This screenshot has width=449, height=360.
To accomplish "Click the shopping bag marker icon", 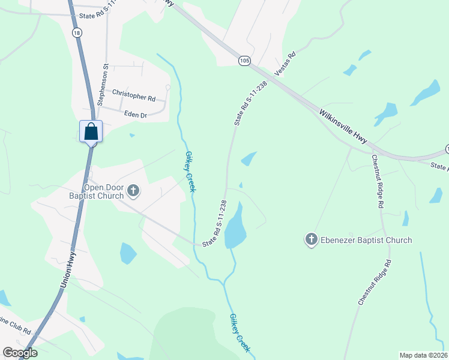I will [x=91, y=131].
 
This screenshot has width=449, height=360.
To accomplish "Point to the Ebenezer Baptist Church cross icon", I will [x=311, y=240].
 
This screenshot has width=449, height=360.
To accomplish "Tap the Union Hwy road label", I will [x=69, y=272].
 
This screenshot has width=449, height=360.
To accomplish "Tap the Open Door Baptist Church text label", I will [x=104, y=191].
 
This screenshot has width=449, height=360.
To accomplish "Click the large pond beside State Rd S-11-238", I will [x=235, y=226].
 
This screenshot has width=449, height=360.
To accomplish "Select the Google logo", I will [x=20, y=353].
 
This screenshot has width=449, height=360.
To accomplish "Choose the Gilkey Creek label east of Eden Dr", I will [x=190, y=171].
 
